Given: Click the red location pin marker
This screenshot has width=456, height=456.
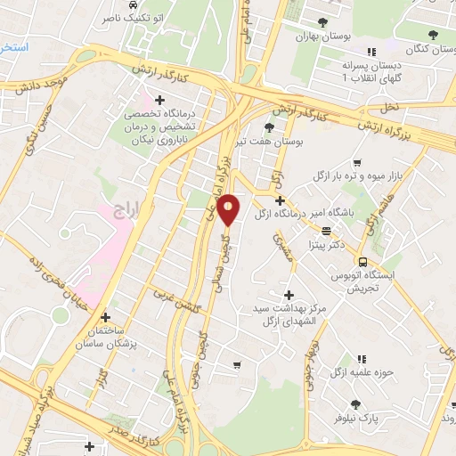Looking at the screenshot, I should (229, 208).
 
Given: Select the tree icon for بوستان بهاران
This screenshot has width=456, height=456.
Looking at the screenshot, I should (322, 22).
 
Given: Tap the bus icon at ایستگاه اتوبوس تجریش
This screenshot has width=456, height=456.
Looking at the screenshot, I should (362, 262).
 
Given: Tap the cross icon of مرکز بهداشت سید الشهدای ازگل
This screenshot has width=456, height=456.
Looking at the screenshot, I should (287, 295).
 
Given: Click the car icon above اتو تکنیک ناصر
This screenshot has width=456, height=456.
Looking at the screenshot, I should (133, 4).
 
